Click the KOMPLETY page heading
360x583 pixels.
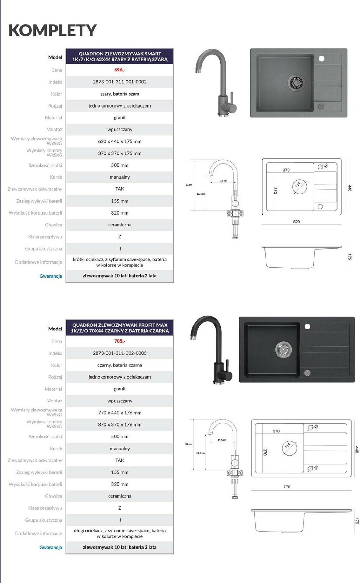tap(52, 30)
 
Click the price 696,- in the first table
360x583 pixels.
tap(120, 70)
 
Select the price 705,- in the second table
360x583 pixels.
tap(120, 341)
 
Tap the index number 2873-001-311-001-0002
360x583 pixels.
tap(120, 82)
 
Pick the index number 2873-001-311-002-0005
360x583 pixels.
tap(120, 353)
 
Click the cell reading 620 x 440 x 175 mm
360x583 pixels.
tap(120, 141)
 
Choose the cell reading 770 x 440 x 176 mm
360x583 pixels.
tap(120, 412)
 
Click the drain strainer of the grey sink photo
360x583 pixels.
tap(295, 83)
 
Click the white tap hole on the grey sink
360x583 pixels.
tap(321, 58)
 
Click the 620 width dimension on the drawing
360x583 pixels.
tap(296, 222)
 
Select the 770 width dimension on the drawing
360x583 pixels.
tap(287, 487)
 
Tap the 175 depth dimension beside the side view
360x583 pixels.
tap(350, 257)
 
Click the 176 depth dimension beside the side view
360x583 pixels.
tap(357, 521)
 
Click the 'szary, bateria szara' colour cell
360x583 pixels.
tap(120, 94)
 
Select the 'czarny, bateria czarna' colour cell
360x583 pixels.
tap(120, 365)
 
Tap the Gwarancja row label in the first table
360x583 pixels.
tap(50, 276)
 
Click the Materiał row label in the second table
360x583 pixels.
tap(53, 389)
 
